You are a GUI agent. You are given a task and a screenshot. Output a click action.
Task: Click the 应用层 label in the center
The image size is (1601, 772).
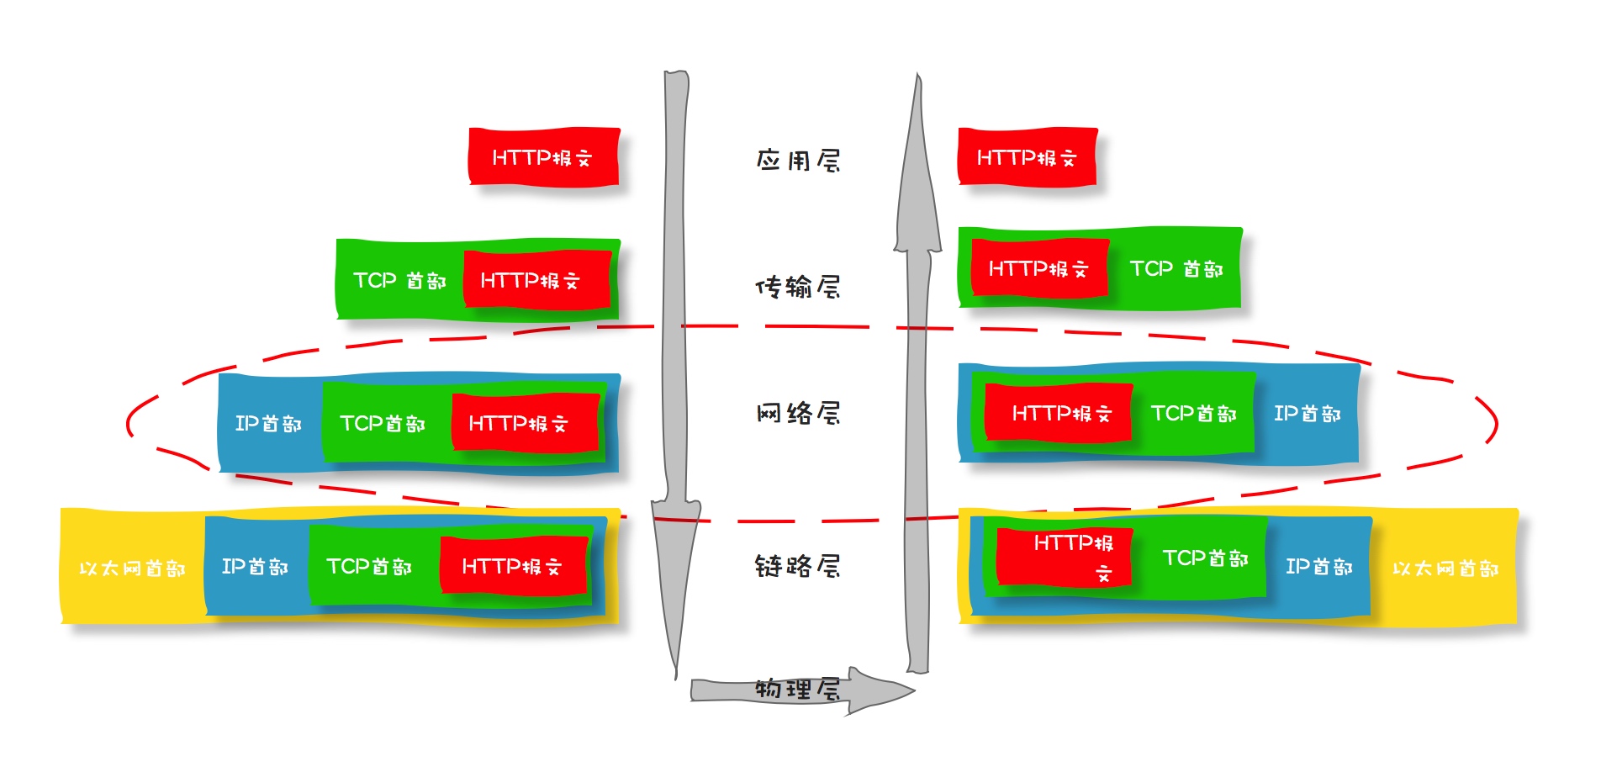[798, 160]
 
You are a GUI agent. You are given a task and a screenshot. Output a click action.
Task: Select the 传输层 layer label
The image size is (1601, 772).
[798, 287]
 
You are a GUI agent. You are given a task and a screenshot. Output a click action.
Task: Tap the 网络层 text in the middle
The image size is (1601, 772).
[798, 413]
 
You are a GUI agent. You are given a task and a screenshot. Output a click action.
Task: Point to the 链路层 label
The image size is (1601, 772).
[798, 566]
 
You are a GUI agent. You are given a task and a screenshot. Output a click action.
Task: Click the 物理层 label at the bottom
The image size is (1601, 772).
[797, 690]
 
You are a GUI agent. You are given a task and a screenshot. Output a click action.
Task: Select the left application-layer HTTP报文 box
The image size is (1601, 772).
[543, 157]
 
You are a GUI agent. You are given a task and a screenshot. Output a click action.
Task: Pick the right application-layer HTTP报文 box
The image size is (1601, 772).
[1027, 157]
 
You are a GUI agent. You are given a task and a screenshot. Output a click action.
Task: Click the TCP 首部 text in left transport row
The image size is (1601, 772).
[399, 280]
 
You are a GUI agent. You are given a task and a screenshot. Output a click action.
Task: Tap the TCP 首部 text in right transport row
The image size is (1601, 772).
[1176, 269]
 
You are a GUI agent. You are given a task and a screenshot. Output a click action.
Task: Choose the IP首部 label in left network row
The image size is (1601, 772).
[268, 423]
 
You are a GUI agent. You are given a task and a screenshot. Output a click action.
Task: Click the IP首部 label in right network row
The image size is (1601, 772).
[1308, 413]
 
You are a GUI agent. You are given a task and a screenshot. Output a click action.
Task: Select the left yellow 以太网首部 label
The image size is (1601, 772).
[132, 568]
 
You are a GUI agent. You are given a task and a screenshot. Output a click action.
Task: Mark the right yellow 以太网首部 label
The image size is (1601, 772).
[1445, 568]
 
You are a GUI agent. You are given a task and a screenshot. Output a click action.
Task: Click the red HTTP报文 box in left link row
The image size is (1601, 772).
[512, 566]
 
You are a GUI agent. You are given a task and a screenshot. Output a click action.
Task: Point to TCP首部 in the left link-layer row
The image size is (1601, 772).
[369, 566]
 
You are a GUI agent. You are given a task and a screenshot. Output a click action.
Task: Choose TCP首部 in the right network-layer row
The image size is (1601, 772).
[1194, 413]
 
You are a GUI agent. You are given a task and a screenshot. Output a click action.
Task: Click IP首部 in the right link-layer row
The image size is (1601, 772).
[1319, 566]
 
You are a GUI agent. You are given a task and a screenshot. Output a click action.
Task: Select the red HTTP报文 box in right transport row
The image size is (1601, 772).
[1039, 269]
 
